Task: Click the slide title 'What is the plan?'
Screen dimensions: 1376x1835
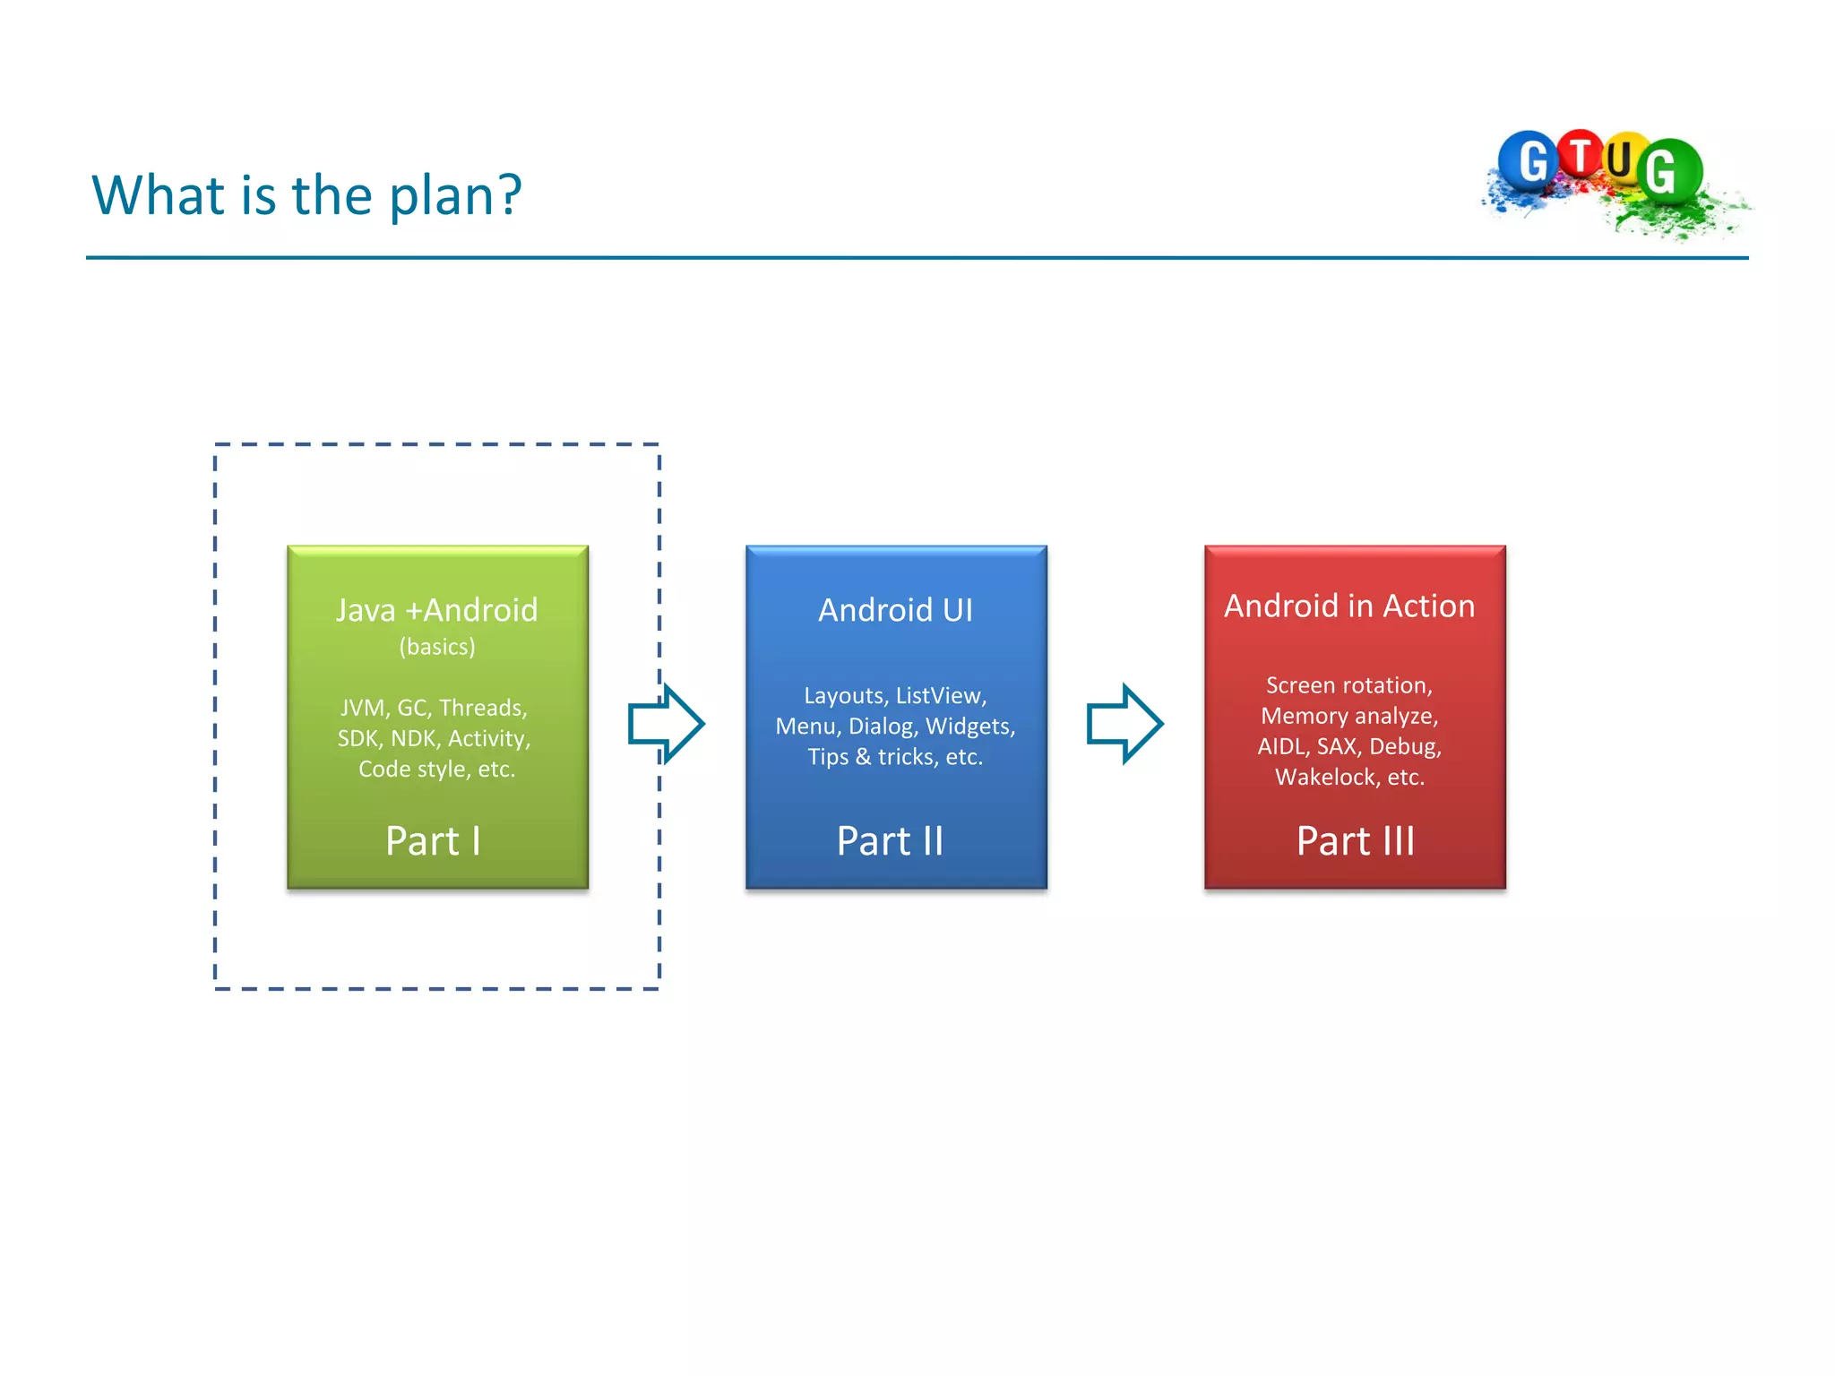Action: click(306, 195)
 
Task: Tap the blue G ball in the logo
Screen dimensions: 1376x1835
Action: click(1529, 161)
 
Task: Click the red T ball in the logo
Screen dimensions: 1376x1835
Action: click(1581, 154)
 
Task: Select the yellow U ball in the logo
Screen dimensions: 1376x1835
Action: click(1622, 159)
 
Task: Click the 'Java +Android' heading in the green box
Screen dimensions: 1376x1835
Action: click(436, 610)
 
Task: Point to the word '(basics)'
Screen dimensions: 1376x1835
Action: click(436, 647)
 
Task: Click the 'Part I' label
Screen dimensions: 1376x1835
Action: click(433, 841)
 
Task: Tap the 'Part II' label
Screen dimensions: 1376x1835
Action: click(890, 841)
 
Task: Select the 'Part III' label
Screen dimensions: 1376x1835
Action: click(1355, 841)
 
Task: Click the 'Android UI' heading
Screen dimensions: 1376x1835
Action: click(895, 610)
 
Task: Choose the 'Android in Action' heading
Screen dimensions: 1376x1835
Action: click(1348, 606)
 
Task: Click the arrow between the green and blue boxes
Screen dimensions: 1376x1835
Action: click(666, 724)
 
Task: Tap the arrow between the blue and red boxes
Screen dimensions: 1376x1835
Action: click(1124, 724)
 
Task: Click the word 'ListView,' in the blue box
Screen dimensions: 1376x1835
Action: click(941, 696)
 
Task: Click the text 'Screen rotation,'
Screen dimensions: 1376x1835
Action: click(1348, 685)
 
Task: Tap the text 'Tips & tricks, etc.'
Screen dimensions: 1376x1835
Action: click(895, 757)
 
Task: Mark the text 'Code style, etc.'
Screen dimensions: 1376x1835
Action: click(436, 770)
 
